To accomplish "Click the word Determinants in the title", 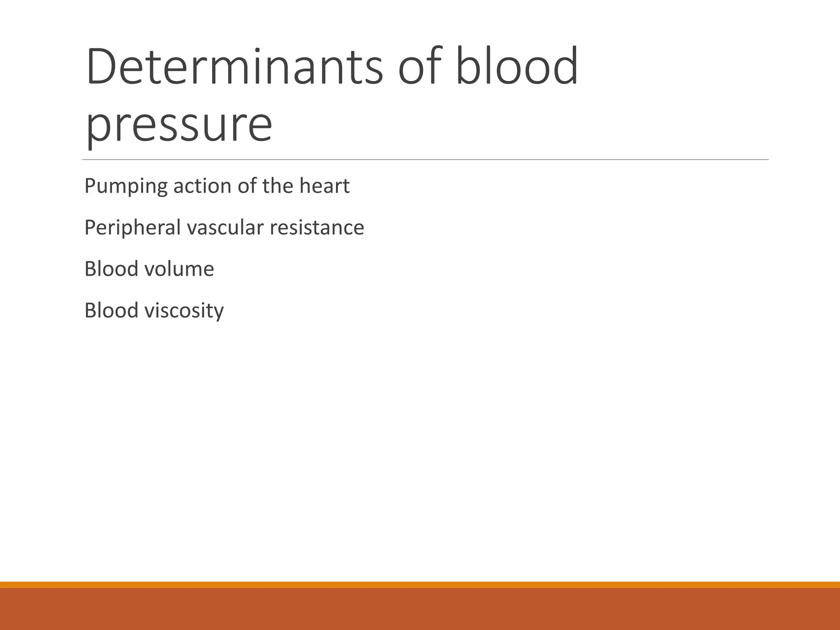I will [234, 67].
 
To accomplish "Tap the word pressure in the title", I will [179, 124].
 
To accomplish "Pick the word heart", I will [324, 186].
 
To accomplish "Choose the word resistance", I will [317, 227].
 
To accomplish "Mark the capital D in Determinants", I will [101, 67].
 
